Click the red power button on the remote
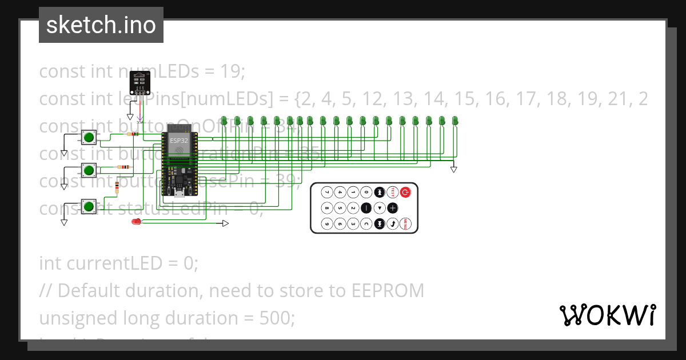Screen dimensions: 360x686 coord(405,193)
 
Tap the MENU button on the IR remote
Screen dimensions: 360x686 coord(405,223)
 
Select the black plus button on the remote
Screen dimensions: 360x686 coord(392,208)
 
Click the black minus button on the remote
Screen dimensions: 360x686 coord(366,208)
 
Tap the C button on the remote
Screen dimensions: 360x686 coord(366,223)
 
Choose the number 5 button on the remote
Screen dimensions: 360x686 coord(340,208)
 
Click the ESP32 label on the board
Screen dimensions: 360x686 coord(179,140)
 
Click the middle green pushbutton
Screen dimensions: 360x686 coord(89,170)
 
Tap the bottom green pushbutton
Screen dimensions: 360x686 coord(89,206)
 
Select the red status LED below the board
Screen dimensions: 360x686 coord(136,222)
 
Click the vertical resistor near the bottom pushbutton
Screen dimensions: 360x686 coord(117,187)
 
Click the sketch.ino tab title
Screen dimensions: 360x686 coord(101,25)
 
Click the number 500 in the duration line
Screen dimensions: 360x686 coord(277,318)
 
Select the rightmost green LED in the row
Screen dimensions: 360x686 coord(456,121)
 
